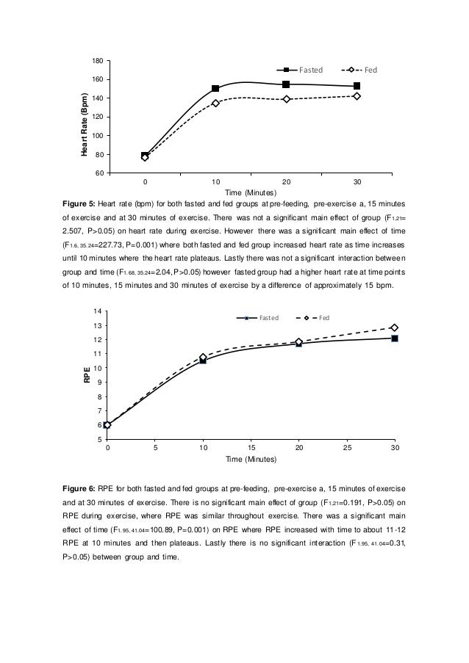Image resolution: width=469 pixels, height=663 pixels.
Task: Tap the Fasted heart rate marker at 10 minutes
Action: coord(215,89)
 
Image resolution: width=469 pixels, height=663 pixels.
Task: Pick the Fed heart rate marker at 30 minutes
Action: coord(357,96)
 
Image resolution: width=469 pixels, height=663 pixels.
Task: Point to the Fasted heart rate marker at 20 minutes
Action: coord(286,84)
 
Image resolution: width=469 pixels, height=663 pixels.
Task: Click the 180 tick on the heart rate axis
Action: coord(97,61)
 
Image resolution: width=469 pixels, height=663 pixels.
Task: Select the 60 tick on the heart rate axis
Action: coord(97,173)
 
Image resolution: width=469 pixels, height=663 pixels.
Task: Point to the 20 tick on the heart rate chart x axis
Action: coord(286,181)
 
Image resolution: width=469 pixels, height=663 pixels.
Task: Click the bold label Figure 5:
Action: coord(85,202)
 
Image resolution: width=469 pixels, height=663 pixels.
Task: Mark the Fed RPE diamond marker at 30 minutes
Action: coord(395,327)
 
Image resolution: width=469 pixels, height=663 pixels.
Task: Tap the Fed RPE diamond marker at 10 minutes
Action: coord(204,358)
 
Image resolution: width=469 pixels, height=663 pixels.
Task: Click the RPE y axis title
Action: coord(87,377)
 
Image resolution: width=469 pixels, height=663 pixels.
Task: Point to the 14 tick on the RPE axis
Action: coord(98,311)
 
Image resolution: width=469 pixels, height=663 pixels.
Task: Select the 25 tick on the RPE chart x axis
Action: coord(347,447)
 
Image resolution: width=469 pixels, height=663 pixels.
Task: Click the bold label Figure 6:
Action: coord(85,488)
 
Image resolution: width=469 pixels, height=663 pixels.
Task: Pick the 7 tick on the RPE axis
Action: coord(99,411)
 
